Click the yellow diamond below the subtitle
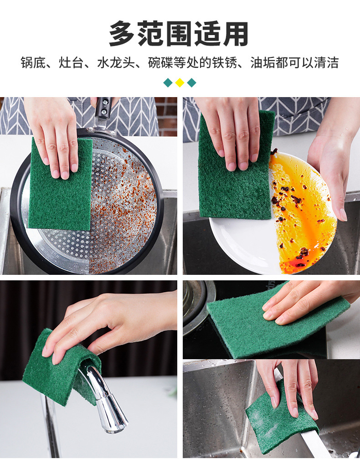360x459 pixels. tap(180, 83)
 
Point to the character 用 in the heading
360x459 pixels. tap(236, 34)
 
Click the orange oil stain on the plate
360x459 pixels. tap(301, 219)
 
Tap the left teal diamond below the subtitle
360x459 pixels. tap(168, 83)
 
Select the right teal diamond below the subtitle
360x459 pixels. tap(191, 83)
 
